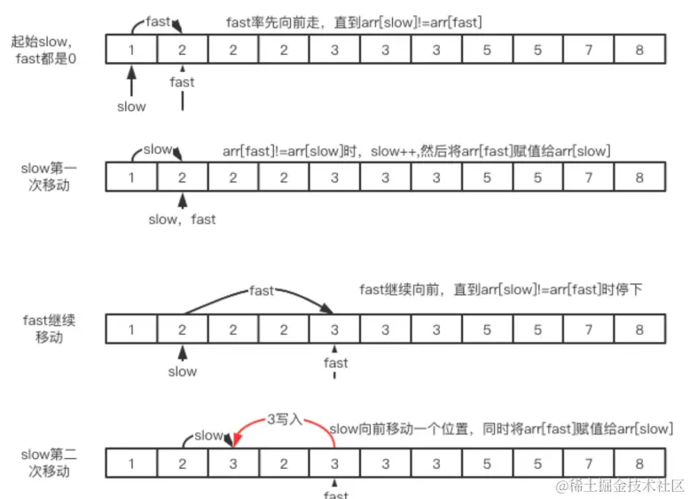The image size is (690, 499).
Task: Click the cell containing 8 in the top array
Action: tap(639, 50)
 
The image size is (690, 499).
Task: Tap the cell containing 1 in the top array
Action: tap(131, 50)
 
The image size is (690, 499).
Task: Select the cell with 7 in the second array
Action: tap(589, 176)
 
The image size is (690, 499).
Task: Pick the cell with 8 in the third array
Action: tap(639, 329)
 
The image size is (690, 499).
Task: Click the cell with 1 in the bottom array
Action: tap(131, 463)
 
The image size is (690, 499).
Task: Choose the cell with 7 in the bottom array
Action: tap(589, 463)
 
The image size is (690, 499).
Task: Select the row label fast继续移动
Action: tap(48, 329)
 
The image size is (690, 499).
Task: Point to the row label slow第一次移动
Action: tap(48, 176)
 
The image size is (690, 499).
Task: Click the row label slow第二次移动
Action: tap(48, 463)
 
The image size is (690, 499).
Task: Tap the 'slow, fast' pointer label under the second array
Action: tap(182, 218)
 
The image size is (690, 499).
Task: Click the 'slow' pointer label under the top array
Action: tap(131, 106)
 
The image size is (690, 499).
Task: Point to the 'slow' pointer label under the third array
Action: tap(182, 371)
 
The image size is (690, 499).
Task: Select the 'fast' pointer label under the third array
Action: tap(335, 362)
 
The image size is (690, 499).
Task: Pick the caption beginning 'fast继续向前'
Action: tap(498, 289)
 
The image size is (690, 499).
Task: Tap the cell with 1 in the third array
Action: tap(131, 329)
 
